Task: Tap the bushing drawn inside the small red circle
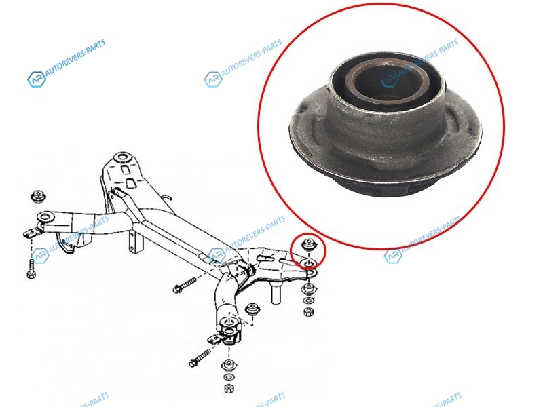point(307,245)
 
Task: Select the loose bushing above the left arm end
point(39,196)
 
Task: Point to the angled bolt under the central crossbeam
point(184,285)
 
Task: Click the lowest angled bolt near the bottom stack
point(200,358)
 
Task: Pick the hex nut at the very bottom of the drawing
point(228,388)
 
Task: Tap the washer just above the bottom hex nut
point(228,377)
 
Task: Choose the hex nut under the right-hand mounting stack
point(307,312)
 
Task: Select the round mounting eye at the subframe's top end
point(122,157)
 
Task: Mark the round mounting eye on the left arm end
point(45,218)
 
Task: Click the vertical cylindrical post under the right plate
point(276,292)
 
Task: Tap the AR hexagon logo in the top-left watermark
point(37,79)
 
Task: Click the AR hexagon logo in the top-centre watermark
point(212,79)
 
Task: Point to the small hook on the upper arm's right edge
point(167,197)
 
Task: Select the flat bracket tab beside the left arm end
point(31,233)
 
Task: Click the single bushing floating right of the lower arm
point(252,309)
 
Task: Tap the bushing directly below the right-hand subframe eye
point(307,289)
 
